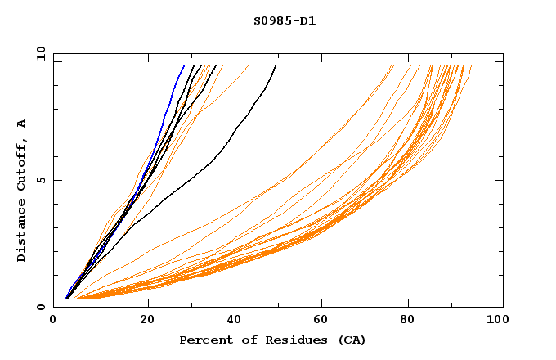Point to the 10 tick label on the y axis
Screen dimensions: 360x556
40,53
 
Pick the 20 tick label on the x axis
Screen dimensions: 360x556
147,319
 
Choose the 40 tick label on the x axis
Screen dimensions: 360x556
235,319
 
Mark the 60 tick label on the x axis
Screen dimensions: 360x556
322,319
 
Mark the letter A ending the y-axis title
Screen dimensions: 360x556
22,124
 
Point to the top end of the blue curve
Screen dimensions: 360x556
184,65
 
